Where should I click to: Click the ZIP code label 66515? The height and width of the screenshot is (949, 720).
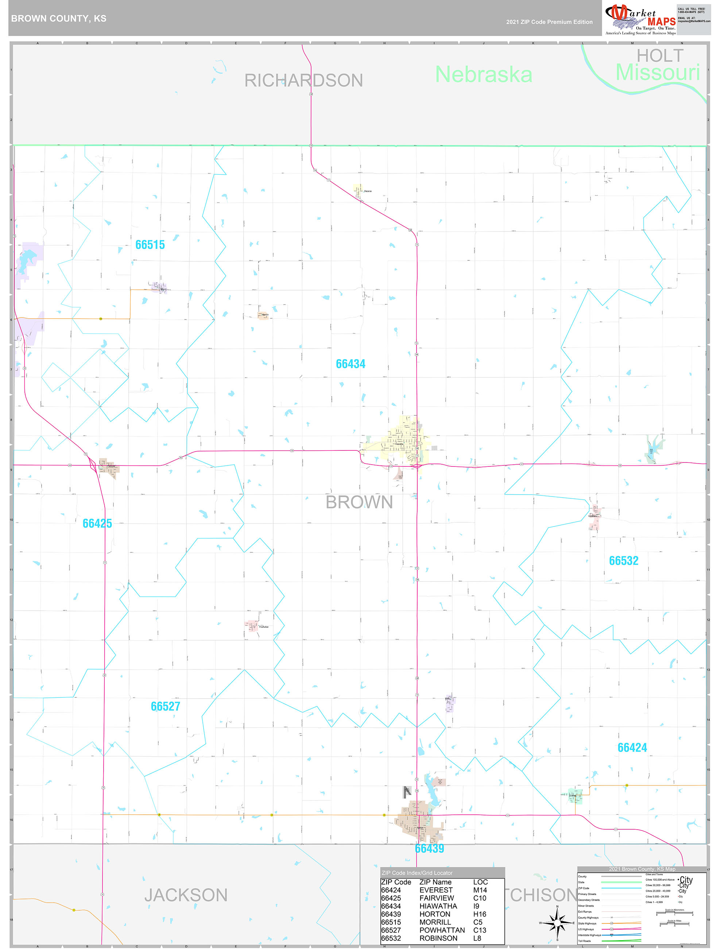coord(150,245)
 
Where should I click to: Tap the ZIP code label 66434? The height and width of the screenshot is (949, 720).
coord(351,364)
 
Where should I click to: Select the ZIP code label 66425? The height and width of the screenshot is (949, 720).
coord(97,523)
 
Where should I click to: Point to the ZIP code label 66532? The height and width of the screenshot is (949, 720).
coord(623,561)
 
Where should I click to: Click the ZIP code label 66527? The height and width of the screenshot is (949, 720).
coord(166,706)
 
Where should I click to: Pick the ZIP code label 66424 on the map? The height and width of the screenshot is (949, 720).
coord(632,748)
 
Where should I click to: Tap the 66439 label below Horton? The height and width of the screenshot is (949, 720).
coord(429,849)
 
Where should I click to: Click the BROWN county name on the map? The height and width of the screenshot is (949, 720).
coord(359,502)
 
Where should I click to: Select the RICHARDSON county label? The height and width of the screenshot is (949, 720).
coord(303,81)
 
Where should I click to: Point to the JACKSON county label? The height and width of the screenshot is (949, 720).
coord(186,895)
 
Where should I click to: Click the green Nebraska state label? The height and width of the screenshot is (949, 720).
coord(484,75)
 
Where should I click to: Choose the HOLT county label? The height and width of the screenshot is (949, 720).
coord(659,56)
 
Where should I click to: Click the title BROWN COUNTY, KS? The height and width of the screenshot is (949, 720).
coord(59,19)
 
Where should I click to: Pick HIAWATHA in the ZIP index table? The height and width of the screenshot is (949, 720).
coord(438,906)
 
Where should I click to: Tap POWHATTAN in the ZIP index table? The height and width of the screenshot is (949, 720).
coord(442,930)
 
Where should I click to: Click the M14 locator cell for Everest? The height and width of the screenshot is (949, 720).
coord(480,890)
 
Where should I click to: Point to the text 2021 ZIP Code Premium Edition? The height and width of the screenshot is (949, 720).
coord(549,22)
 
